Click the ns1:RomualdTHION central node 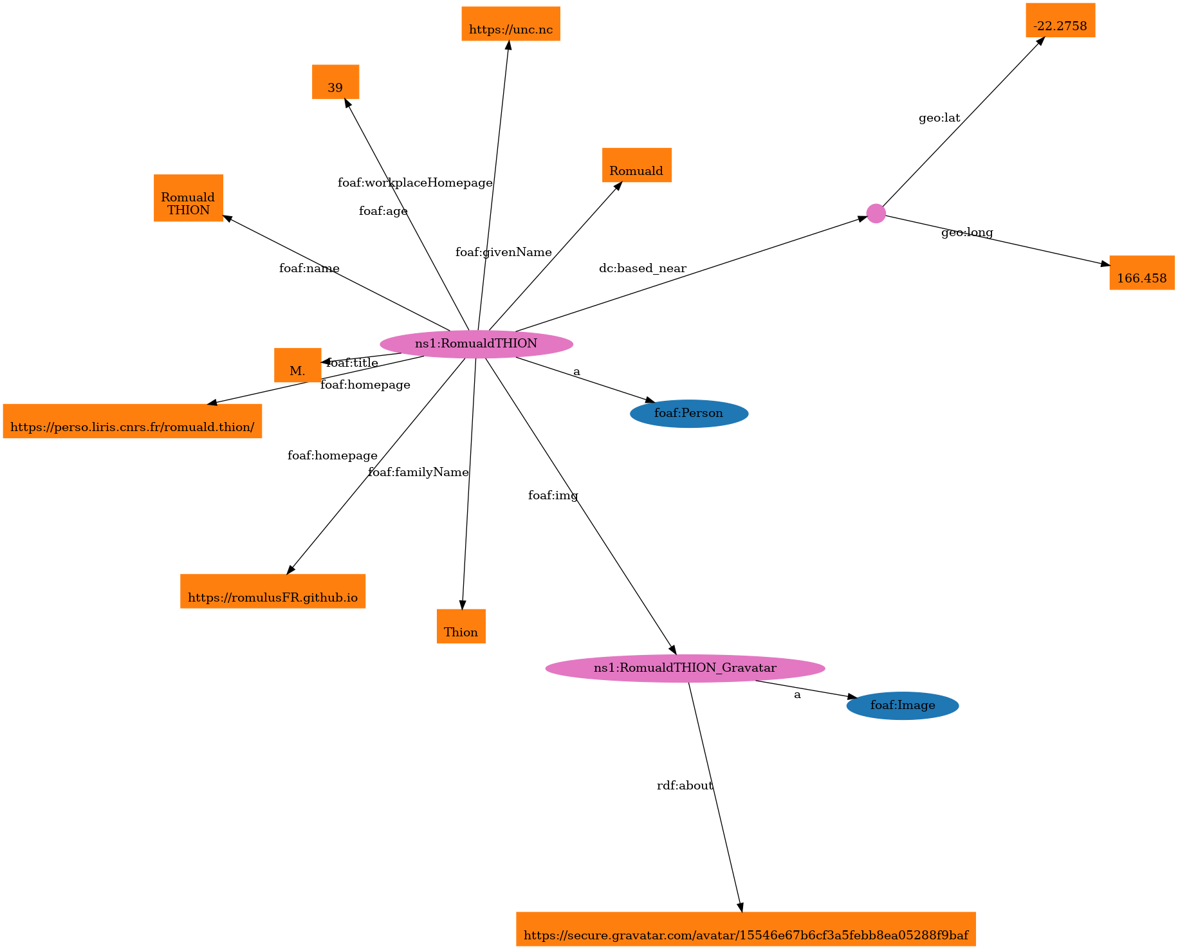(476, 344)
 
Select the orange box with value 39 (335, 82)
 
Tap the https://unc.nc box (511, 24)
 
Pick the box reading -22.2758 (1060, 21)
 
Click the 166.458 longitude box (1141, 273)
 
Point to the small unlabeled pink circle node (876, 214)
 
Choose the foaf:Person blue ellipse (688, 413)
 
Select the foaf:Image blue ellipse (902, 705)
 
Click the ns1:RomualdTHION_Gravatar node (685, 668)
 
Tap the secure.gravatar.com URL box (745, 929)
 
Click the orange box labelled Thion (461, 626)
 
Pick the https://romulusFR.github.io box (273, 591)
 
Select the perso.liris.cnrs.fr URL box (132, 421)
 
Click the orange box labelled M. (297, 365)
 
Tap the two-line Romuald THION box (188, 198)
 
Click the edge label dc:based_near (642, 268)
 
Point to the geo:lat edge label (939, 118)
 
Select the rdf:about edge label (685, 786)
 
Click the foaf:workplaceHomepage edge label (415, 183)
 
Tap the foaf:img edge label (553, 495)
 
